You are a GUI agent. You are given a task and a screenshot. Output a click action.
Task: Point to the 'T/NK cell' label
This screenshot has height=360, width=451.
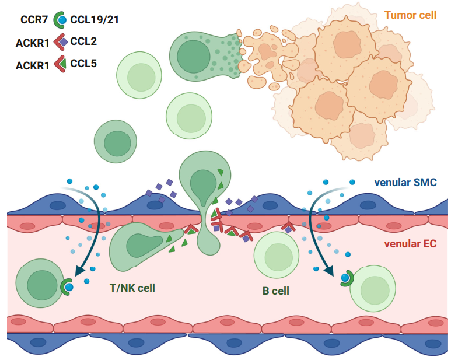click(132, 288)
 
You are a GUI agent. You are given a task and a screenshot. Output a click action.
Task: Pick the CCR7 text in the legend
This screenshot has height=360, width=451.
click(34, 20)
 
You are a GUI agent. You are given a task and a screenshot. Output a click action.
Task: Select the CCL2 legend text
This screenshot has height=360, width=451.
click(83, 41)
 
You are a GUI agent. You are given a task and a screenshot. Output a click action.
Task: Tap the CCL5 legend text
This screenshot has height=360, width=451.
click(83, 63)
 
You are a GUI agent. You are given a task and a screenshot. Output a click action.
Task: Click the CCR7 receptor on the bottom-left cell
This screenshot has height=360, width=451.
click(65, 286)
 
